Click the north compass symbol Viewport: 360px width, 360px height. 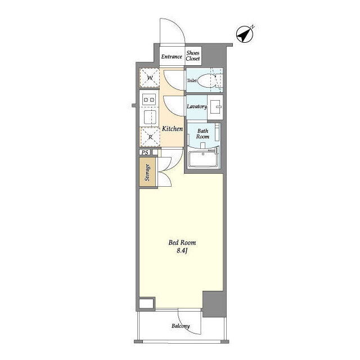[245, 34]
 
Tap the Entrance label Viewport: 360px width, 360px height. [172, 56]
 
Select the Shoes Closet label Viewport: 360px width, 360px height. [193, 56]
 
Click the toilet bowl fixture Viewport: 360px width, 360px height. [206, 81]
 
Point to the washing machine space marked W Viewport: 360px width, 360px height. [150, 78]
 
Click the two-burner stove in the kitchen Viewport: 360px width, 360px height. [149, 100]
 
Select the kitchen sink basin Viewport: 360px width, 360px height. [150, 117]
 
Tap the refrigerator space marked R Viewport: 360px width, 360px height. [150, 137]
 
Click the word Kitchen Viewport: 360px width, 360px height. [173, 129]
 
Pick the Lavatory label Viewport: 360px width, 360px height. [197, 106]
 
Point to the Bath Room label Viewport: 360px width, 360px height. [202, 134]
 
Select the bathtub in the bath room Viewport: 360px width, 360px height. [203, 159]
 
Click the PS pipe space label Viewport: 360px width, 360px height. [145, 152]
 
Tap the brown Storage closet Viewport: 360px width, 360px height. [147, 172]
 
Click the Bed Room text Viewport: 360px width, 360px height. [182, 242]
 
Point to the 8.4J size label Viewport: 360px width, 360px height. [182, 250]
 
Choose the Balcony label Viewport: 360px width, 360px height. [181, 326]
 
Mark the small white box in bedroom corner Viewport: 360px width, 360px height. [146, 304]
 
